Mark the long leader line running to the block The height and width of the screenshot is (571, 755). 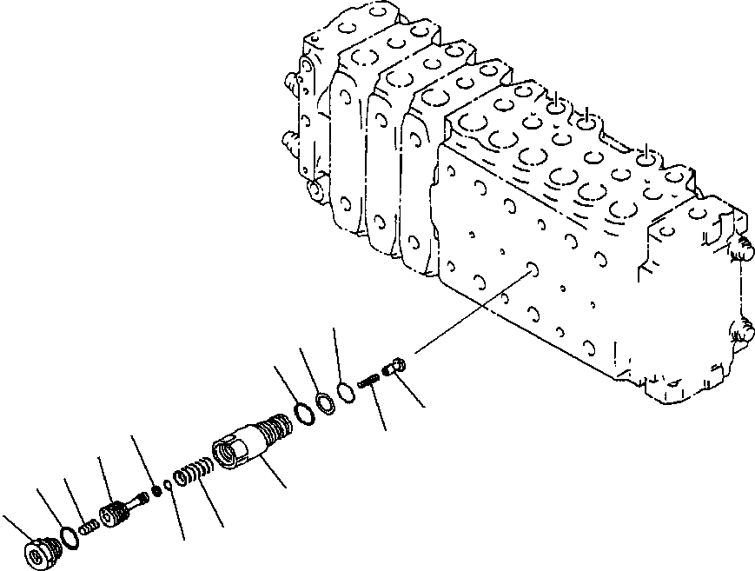tap(474, 313)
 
